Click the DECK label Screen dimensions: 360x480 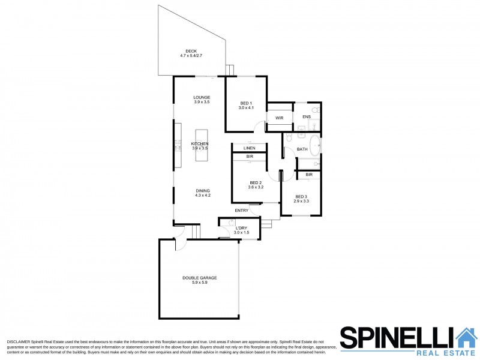pos(191,51)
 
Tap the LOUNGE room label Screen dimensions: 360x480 pos(202,97)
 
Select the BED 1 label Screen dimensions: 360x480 pos(247,103)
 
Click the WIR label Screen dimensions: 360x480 pos(279,118)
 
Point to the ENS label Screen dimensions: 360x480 pos(306,116)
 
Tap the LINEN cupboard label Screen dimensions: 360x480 pos(249,148)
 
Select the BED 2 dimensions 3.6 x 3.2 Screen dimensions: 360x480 pos(256,187)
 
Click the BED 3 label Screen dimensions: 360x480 pos(302,196)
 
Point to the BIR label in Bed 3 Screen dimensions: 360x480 pos(308,175)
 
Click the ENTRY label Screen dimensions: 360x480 pos(241,211)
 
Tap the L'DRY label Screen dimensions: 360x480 pos(241,228)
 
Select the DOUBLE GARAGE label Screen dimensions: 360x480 pos(199,278)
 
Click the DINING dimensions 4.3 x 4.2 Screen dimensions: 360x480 pos(202,195)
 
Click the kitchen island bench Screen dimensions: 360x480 pos(201,145)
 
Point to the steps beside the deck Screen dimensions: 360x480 pos(229,70)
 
